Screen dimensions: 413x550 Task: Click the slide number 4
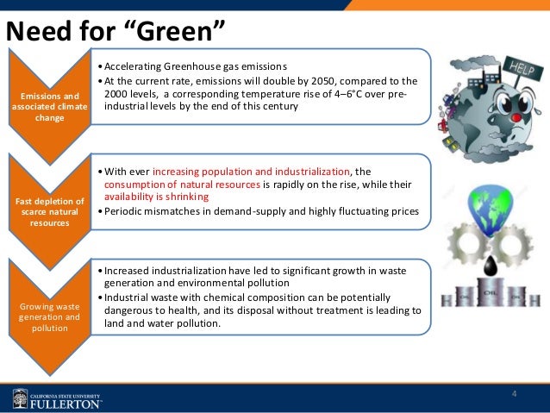point(514,394)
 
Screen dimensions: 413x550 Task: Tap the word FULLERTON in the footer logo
point(66,403)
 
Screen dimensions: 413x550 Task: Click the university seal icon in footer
point(20,399)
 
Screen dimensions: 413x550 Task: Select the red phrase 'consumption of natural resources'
point(180,185)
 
